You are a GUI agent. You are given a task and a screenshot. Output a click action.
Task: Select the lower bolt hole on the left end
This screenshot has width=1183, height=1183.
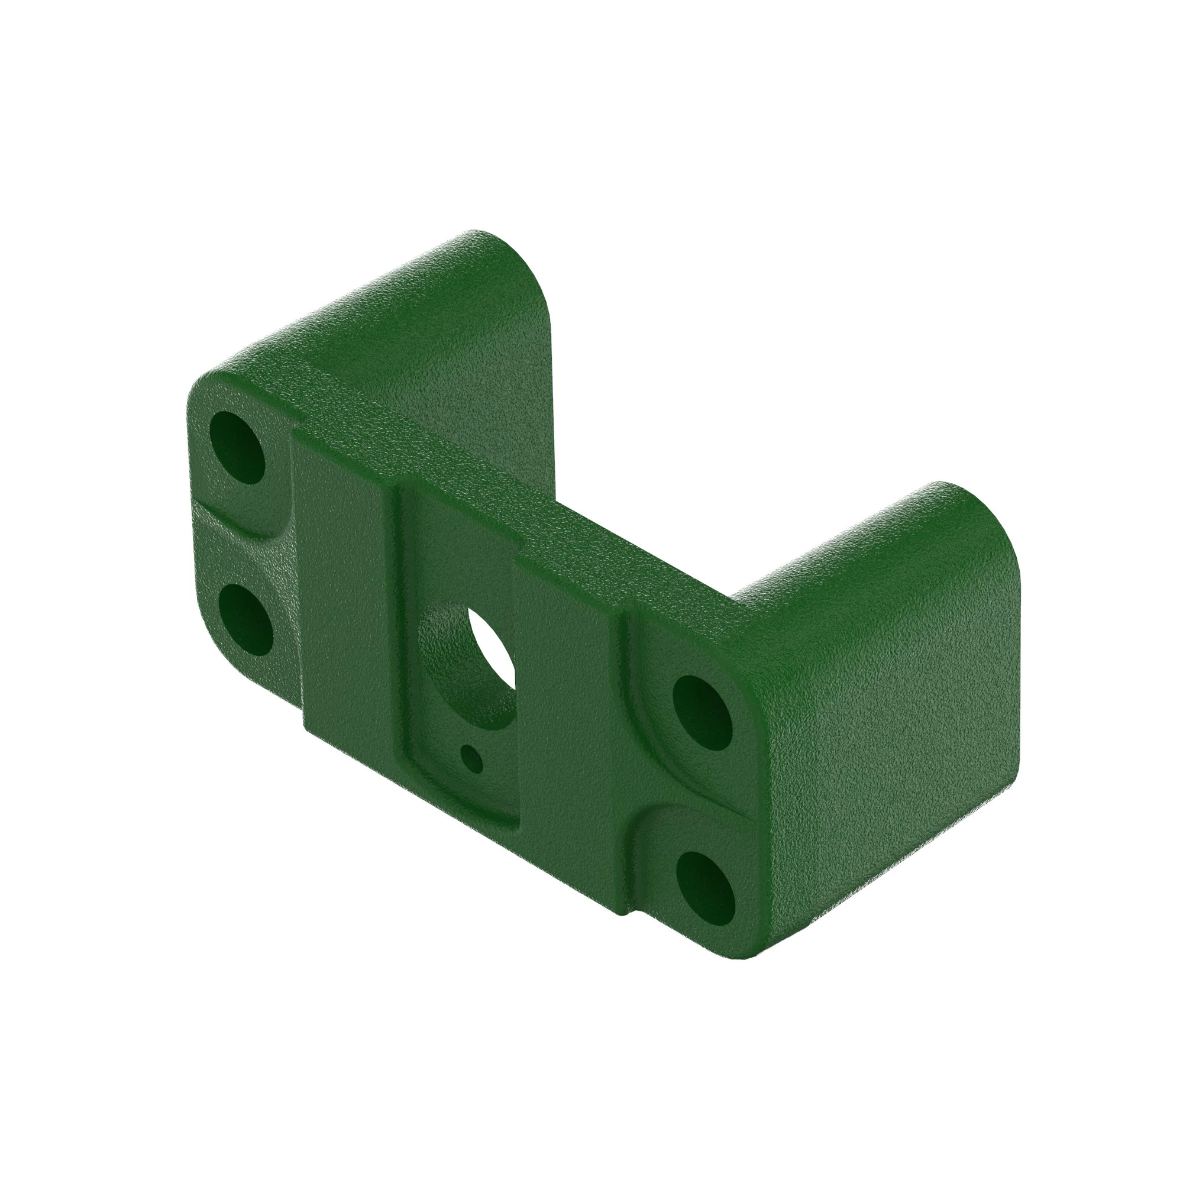click(245, 619)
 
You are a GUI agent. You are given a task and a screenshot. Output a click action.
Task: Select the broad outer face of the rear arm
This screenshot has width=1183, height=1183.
click(429, 343)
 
